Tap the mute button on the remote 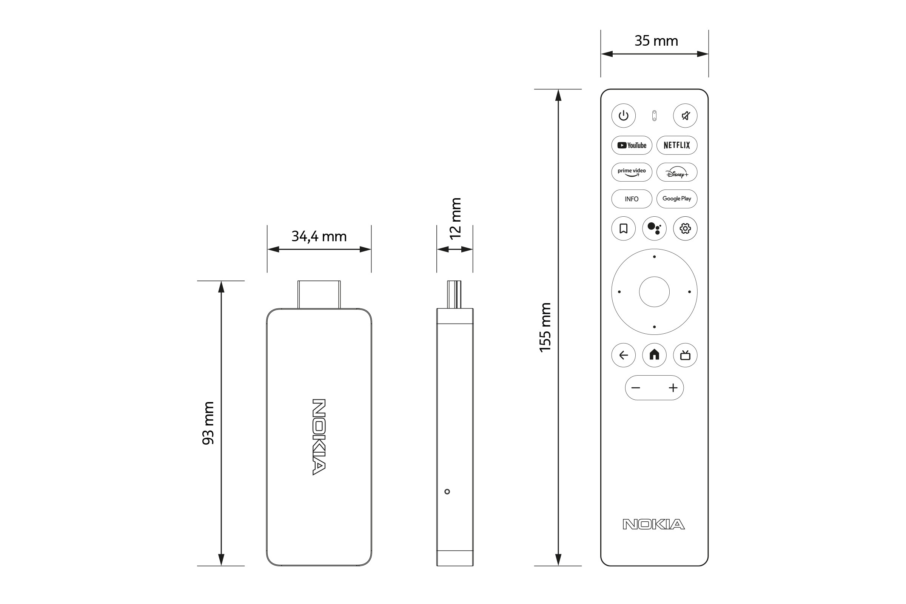[685, 116]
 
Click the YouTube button [632, 145]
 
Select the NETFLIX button [677, 145]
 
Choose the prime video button [632, 172]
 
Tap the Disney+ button [677, 172]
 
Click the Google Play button [677, 199]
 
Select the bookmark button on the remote [624, 228]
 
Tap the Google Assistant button [655, 228]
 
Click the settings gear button [685, 228]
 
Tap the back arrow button [624, 355]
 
